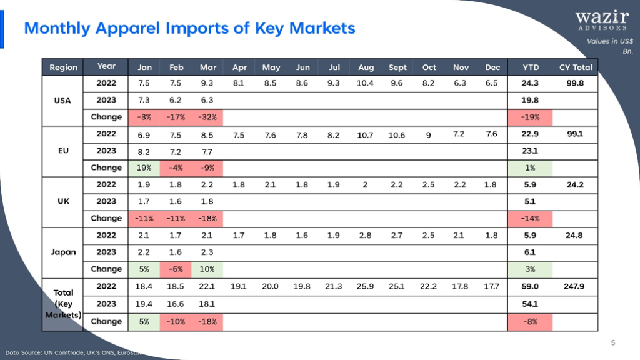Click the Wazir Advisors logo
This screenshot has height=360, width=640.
tap(602, 21)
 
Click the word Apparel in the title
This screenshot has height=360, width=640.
tap(127, 29)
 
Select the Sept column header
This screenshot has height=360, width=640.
tap(397, 67)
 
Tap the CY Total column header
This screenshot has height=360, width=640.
tap(576, 67)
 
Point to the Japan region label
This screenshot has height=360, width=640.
tap(63, 252)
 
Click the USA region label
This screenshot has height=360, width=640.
tap(62, 101)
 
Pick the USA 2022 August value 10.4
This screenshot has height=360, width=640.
tap(365, 83)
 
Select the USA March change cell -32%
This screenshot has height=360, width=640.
tap(207, 117)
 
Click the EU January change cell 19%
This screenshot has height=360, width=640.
tap(144, 167)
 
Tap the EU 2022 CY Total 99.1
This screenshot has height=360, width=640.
tap(575, 134)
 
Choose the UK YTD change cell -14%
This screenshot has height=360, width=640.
tap(530, 219)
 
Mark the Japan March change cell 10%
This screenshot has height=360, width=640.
tap(207, 269)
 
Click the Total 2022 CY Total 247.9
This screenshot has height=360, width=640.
tap(574, 286)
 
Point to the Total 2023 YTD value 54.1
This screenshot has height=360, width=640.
tap(530, 304)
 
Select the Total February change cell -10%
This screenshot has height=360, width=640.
tap(176, 322)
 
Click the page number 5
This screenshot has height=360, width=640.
tap(613, 343)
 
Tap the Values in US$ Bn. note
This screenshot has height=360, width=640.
tap(610, 46)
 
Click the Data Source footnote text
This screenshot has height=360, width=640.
tap(74, 352)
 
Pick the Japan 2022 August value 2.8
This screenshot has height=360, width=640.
tap(365, 236)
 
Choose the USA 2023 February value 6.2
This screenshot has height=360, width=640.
tap(176, 100)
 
